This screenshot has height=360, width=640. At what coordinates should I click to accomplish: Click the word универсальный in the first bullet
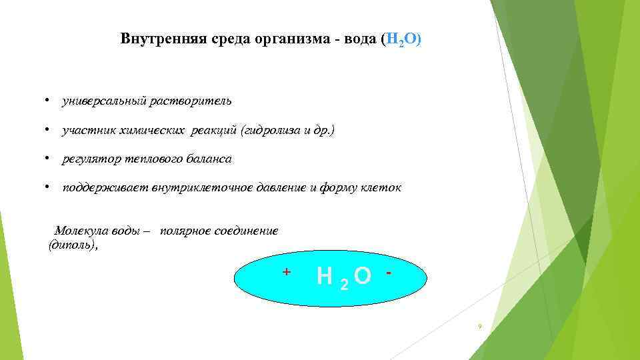pos(103,101)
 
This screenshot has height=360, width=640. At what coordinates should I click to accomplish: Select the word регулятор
pos(87,159)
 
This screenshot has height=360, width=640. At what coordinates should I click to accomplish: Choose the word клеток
pos(382,188)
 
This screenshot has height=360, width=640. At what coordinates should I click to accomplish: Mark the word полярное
pos(183,231)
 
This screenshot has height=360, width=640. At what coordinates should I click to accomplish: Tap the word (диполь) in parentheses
pos(73,245)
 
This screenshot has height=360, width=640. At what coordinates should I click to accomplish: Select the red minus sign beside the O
pos(388,273)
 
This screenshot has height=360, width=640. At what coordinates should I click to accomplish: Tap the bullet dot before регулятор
pos(48,159)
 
